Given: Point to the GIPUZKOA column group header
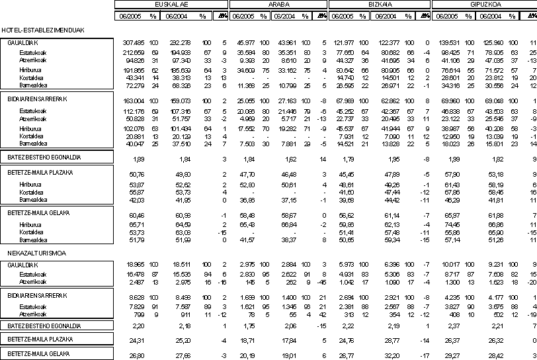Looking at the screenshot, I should [x=483, y=3].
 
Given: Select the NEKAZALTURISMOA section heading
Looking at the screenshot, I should [x=29, y=253].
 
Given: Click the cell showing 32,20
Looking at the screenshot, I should [x=397, y=355].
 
